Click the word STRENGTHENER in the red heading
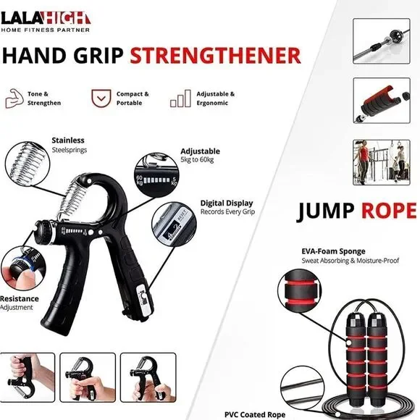(x=215, y=56)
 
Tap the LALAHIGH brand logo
(x=46, y=22)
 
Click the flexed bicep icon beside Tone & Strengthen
(x=14, y=98)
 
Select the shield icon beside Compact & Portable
(x=101, y=98)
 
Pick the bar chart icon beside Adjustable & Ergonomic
(x=180, y=98)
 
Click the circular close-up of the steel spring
(x=28, y=164)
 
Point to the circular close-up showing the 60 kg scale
(x=156, y=175)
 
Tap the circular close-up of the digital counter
(x=174, y=224)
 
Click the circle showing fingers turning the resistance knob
(x=23, y=269)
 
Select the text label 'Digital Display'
(x=227, y=203)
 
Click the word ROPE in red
(x=389, y=211)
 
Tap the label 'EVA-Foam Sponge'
(x=333, y=251)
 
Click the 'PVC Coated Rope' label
(x=255, y=415)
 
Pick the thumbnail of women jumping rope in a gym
(x=382, y=162)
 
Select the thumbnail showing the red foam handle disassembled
(x=382, y=101)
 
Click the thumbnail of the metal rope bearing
(x=382, y=41)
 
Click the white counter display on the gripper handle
(x=143, y=298)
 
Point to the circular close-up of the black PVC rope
(x=303, y=388)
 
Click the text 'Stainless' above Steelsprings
(x=68, y=140)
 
